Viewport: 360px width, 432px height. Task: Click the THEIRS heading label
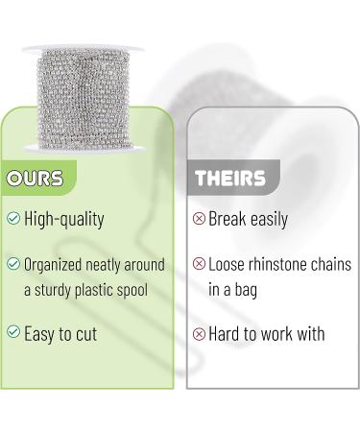click(230, 180)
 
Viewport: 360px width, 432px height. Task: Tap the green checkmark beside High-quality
click(13, 219)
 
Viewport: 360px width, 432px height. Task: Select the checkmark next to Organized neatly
click(13, 263)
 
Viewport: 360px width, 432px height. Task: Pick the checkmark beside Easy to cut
click(13, 332)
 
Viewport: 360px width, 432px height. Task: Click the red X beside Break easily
click(200, 219)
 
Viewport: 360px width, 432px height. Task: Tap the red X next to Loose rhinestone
click(200, 263)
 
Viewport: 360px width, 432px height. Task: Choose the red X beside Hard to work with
click(200, 333)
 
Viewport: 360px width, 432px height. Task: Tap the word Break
click(228, 219)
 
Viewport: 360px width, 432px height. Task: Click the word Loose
click(228, 263)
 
